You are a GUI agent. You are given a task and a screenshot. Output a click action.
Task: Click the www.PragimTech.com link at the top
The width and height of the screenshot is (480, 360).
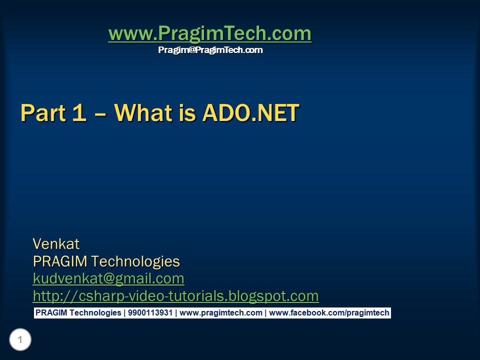coord(209,33)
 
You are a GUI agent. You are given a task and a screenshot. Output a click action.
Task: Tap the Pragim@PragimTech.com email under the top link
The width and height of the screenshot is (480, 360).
coord(210,50)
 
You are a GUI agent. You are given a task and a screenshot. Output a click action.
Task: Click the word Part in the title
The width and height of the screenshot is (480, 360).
coord(43,113)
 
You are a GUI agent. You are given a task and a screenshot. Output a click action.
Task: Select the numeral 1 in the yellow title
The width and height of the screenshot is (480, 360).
coord(79,112)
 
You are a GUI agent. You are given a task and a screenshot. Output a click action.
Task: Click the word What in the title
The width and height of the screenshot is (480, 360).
coord(143,112)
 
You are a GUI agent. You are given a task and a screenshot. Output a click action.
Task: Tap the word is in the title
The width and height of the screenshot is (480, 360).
coord(187,112)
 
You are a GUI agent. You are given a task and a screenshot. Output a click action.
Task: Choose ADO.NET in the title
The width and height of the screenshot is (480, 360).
coord(250,112)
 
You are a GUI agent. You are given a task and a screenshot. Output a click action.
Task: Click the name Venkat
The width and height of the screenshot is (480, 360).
coord(56,244)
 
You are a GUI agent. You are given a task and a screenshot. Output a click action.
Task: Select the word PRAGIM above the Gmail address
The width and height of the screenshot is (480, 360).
coord(60,261)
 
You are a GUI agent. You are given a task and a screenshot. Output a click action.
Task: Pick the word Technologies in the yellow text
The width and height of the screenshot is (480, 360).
coord(135,262)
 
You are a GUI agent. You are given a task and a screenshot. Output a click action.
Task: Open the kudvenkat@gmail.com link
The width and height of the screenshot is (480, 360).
coord(108,279)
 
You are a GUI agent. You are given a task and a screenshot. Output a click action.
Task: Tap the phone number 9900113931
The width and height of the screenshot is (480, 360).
coord(150,313)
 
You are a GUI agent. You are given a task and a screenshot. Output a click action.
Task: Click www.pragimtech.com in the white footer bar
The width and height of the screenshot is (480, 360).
coord(220,313)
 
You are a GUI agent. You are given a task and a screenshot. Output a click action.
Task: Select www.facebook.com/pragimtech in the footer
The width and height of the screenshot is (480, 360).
coord(329,313)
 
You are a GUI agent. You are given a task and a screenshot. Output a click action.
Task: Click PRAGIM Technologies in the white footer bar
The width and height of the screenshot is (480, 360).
coord(78,313)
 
